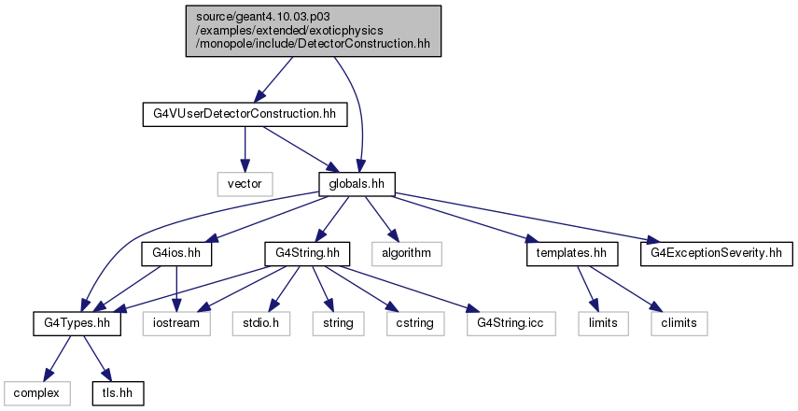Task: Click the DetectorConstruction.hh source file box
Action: tap(313, 31)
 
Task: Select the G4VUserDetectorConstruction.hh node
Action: tap(245, 114)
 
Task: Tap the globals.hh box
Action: tap(357, 184)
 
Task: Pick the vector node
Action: tap(245, 184)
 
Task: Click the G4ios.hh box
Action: tap(176, 253)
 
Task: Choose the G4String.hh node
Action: tap(307, 253)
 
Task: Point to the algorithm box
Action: tap(407, 253)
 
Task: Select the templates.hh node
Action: tap(572, 253)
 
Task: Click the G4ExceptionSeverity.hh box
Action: tap(717, 253)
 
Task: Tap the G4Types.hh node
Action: tap(77, 323)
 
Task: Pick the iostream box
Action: tap(176, 323)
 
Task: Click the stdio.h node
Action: tap(261, 323)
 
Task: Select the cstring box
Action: tap(415, 323)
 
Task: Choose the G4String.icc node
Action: tap(511, 323)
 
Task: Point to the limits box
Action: tap(603, 323)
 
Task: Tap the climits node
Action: tap(679, 323)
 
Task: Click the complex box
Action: tap(36, 393)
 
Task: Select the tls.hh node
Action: tap(119, 393)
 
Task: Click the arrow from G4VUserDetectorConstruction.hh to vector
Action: tap(245, 149)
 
